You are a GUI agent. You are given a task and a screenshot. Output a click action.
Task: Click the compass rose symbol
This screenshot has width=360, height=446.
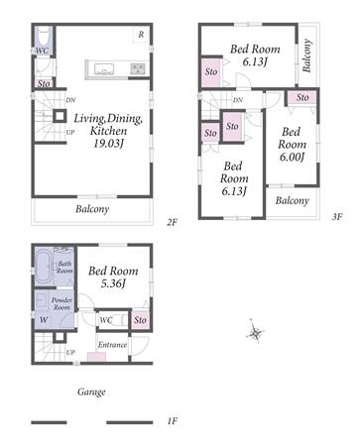pos(255,332)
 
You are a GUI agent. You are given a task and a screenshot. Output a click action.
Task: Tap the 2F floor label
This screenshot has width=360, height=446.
pos(172,222)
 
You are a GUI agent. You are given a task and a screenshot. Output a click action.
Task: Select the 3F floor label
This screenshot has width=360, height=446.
pos(337,217)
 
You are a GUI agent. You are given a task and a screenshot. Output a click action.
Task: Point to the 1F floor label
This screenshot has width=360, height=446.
pos(173,421)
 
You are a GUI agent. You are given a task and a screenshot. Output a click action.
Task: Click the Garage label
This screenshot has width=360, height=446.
pos(91,391)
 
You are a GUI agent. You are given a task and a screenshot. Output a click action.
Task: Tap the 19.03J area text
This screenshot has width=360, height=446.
pos(109,144)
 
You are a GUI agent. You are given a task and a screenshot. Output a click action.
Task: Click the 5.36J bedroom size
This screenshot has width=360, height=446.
pos(113,283)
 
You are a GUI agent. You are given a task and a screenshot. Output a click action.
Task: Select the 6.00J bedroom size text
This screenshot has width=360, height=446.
pos(292,157)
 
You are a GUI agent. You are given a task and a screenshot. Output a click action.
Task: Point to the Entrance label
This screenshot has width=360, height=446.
pos(112,345)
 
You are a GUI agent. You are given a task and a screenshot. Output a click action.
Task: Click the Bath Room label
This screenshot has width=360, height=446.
pos(64,267)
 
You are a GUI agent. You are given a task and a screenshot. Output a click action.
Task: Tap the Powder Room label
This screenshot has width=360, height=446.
pos(61,303)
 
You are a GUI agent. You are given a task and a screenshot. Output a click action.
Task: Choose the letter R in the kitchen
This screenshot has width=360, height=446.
pos(141,35)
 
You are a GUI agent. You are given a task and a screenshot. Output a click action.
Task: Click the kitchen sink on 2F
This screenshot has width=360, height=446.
pos(104,69)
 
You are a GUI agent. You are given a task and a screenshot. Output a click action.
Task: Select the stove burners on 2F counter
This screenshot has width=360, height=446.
pos(138,68)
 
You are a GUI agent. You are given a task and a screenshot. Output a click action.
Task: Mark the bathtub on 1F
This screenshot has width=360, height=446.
pos(44,266)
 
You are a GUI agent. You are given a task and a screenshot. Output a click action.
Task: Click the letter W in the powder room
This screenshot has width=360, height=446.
pos(44,320)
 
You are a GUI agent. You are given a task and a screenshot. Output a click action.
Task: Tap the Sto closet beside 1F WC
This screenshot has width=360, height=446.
pos(140,319)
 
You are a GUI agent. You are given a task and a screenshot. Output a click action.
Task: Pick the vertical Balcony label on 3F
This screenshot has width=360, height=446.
pos(307,56)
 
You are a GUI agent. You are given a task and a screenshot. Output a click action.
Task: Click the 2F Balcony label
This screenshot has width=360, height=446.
pos(92,209)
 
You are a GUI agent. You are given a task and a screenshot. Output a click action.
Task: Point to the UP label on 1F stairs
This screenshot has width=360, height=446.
pos(70,353)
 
